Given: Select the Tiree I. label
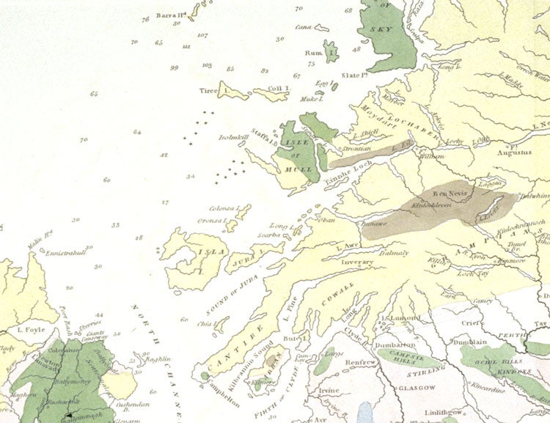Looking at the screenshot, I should point(214,92).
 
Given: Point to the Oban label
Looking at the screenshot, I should point(326,219).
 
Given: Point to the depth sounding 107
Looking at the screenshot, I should point(203,35).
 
